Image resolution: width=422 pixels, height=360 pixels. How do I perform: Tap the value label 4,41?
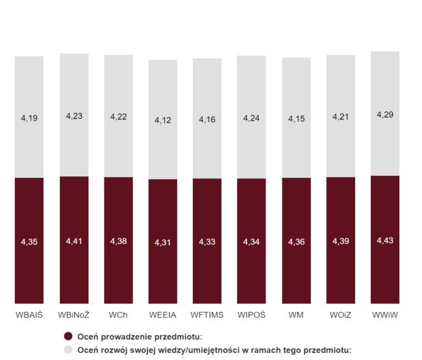point(75,241)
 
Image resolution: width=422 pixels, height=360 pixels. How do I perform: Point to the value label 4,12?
point(163,120)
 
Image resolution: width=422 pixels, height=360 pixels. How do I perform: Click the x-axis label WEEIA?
point(163,315)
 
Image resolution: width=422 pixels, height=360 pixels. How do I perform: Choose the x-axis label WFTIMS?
point(207,315)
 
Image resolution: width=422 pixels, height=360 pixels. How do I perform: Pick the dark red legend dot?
point(68,336)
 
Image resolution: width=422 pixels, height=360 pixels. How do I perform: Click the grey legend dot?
point(68,349)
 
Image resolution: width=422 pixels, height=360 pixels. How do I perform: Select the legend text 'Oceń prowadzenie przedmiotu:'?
point(140,336)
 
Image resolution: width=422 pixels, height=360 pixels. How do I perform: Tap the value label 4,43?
point(385,241)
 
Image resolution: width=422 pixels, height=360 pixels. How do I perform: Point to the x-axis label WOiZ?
point(340,315)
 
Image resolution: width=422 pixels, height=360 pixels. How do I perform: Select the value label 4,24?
point(252,118)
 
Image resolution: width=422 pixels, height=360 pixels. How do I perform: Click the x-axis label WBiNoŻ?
point(74,315)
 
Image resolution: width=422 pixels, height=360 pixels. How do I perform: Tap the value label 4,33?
point(207,242)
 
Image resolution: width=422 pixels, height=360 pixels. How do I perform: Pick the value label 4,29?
point(385,114)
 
